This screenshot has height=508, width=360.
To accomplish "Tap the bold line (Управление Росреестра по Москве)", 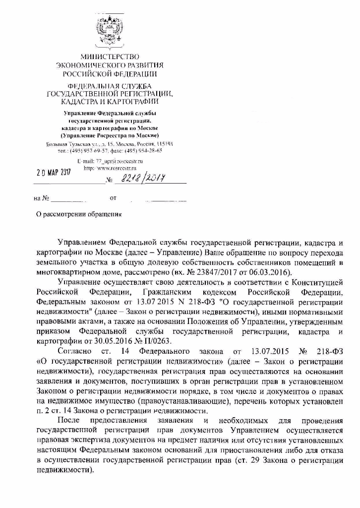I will pyautogui.click(x=110, y=135).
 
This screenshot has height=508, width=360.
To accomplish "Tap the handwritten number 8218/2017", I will pyautogui.click(x=143, y=177).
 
